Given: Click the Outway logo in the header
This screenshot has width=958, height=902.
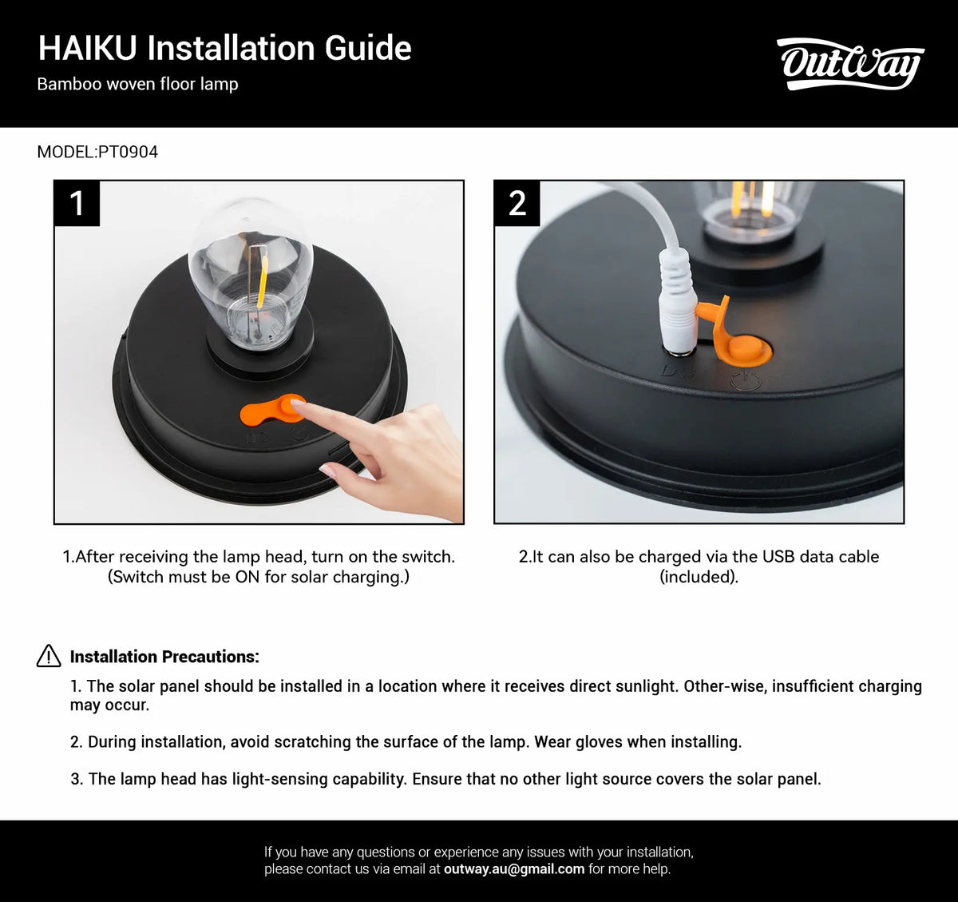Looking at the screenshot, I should pos(849,64).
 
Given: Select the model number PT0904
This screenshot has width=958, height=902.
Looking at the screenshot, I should pos(128,152).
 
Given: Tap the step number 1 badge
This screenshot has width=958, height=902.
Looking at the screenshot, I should pos(77,203).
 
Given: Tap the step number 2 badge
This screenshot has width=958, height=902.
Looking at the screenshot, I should pos(517,203).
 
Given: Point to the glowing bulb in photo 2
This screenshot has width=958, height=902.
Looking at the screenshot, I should pos(752,204).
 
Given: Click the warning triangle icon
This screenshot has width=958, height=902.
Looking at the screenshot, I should pos(49,656).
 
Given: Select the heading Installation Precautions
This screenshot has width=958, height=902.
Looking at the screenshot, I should pos(164,657).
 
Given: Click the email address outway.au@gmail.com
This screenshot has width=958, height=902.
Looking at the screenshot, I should pos(513,868).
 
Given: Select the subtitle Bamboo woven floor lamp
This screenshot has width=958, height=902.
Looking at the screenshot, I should pos(137,84).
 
